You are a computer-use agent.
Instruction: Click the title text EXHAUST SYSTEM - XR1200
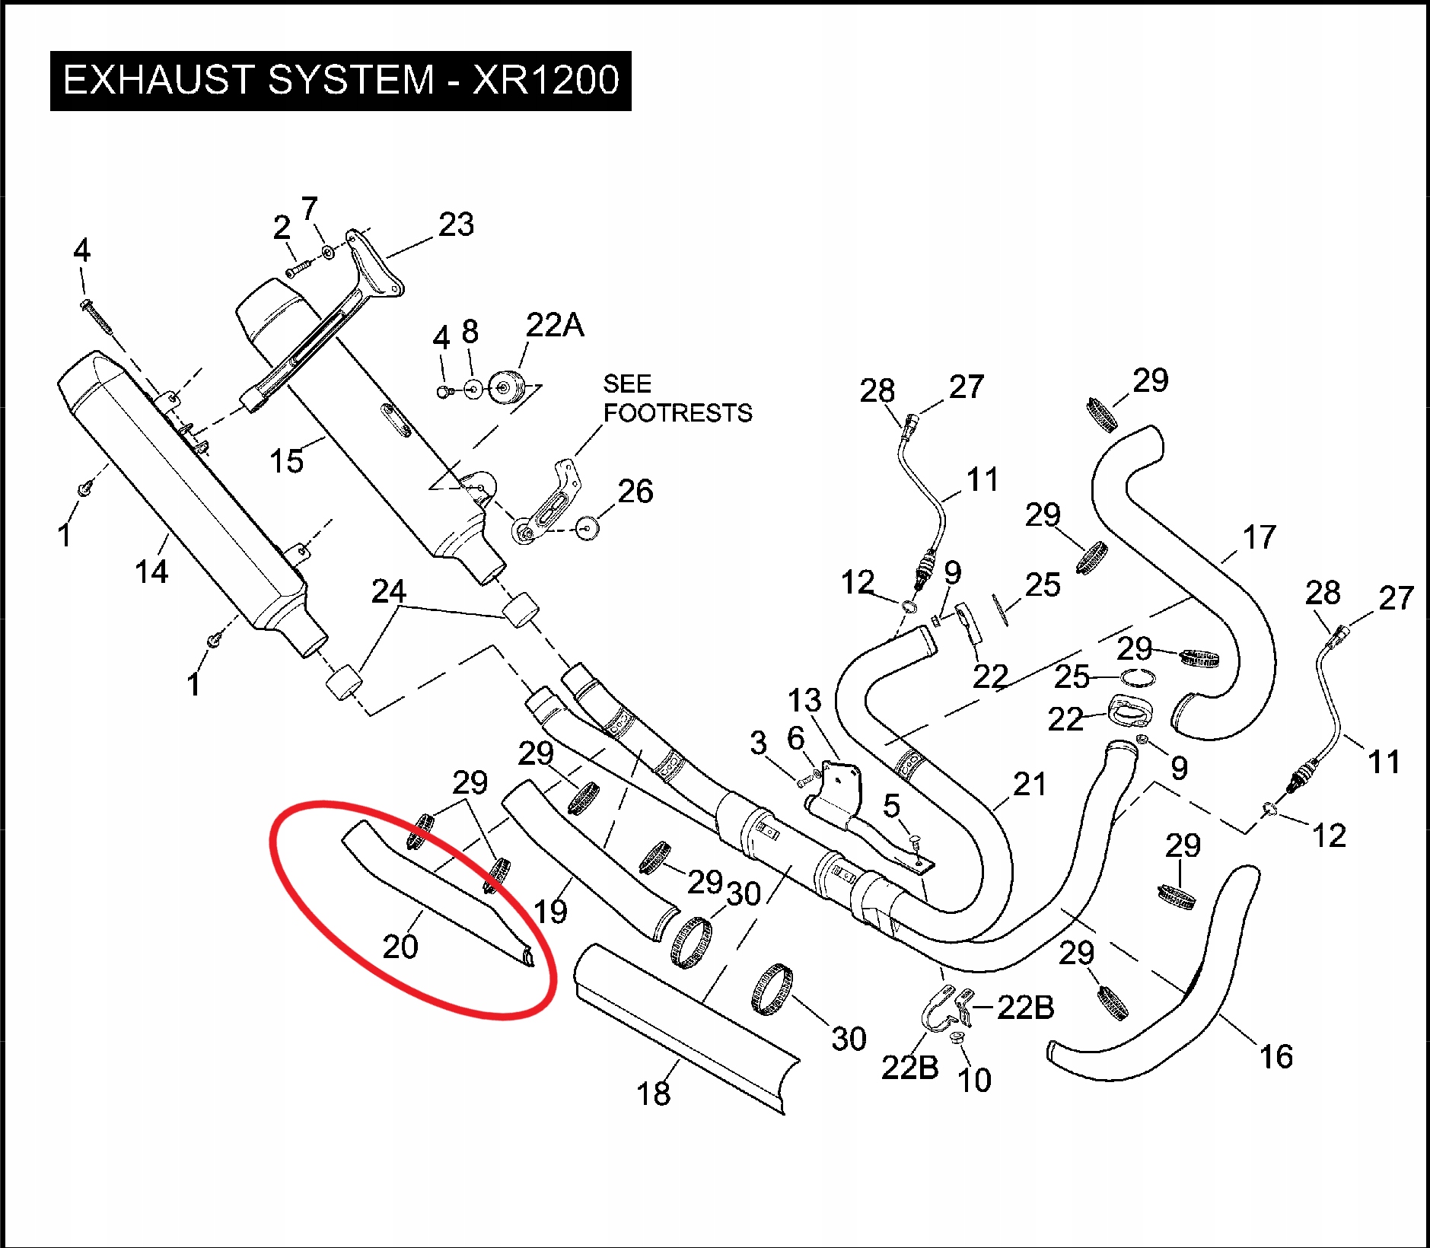(340, 80)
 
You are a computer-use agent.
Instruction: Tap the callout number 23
(456, 224)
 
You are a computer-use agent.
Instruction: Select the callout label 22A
(555, 325)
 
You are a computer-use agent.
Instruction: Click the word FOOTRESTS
(677, 413)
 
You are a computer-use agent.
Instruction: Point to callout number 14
(151, 571)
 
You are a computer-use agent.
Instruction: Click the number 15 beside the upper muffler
(286, 461)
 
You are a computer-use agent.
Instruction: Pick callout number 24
(388, 591)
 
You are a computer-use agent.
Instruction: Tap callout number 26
(635, 492)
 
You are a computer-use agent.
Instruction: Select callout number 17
(1259, 538)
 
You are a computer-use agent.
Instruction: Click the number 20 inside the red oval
(400, 947)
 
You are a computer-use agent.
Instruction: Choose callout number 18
(653, 1094)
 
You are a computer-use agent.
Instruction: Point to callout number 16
(1276, 1057)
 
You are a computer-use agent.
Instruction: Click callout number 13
(804, 701)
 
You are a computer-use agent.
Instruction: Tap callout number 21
(1030, 785)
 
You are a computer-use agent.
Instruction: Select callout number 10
(974, 1081)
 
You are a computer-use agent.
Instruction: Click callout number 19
(550, 912)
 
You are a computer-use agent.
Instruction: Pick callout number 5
(891, 806)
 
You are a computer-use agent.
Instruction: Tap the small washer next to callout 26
(585, 527)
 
